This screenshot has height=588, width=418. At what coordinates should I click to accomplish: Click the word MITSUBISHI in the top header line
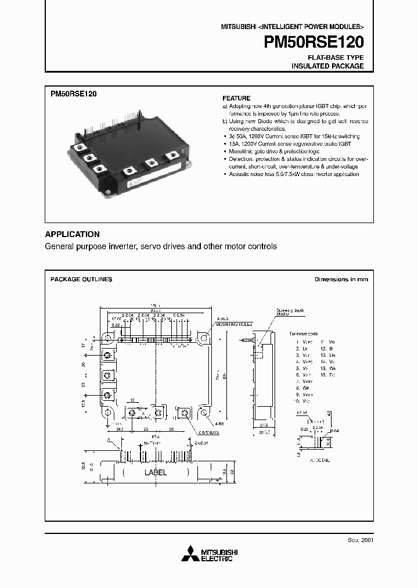coord(237,27)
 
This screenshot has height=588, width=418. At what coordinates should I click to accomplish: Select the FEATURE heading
coord(236,98)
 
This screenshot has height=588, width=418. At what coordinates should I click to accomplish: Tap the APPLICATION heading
coord(73,234)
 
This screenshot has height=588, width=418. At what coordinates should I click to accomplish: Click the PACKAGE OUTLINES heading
coord(81,279)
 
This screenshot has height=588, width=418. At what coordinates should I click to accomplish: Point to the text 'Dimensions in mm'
coord(341,279)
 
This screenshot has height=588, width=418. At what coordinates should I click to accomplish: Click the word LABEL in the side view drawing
coord(155,472)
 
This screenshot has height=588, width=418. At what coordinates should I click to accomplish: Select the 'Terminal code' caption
coord(304,334)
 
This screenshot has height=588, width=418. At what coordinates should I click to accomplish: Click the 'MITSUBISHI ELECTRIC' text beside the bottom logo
coord(217,555)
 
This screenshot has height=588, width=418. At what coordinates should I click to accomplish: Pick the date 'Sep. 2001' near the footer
coord(361,539)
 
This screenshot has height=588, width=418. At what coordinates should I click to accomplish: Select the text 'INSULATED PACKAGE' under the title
coord(327,66)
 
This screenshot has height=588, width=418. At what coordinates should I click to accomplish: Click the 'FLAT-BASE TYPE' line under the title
coord(336,58)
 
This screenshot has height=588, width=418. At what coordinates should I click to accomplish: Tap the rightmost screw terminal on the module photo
coord(172,156)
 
